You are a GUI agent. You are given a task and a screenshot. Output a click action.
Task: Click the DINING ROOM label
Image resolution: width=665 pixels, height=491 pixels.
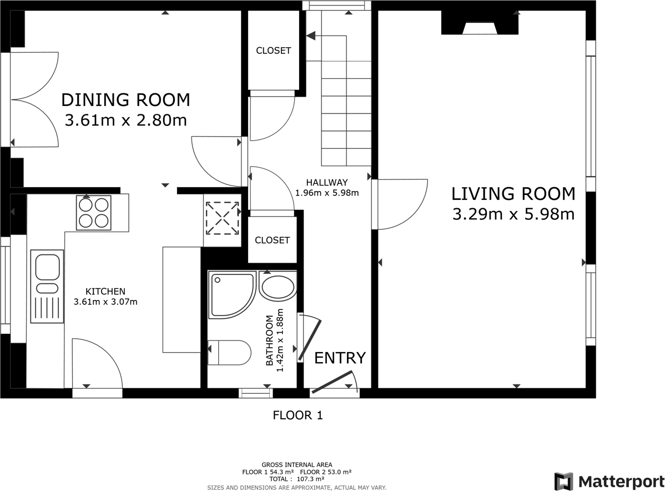point(125,100)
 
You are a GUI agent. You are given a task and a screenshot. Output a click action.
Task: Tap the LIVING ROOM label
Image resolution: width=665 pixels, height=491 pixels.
point(513,194)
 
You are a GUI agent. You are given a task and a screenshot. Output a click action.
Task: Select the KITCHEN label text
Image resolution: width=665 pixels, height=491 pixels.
point(105,292)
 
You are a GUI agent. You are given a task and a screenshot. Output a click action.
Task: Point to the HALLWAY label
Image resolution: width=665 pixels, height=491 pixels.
point(327,183)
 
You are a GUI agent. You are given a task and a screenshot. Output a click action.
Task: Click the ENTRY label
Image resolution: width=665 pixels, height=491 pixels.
point(340,358)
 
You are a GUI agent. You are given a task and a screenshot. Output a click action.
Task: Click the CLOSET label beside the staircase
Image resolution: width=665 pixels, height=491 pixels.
point(274,51)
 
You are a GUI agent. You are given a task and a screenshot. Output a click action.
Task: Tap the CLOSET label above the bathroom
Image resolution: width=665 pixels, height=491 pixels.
point(273,240)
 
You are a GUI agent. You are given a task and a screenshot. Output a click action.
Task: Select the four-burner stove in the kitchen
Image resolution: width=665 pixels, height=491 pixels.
point(94,213)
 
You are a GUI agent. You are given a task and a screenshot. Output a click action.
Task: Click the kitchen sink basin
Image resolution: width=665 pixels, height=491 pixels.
point(48,267)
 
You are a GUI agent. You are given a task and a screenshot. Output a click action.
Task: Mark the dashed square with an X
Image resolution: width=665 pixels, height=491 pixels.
point(222,218)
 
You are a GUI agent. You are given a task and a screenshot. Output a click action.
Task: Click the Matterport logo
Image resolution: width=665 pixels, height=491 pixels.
point(609,481)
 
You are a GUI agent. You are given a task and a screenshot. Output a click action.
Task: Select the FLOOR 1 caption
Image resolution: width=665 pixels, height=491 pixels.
point(298,415)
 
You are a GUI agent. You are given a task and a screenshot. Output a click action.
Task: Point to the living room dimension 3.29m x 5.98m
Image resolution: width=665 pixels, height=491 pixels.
point(513,214)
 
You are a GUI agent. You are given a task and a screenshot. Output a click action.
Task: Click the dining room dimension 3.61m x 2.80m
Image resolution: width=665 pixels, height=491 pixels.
point(125,120)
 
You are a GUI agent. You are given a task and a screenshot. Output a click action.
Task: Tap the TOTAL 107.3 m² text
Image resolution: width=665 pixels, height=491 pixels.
point(297,479)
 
